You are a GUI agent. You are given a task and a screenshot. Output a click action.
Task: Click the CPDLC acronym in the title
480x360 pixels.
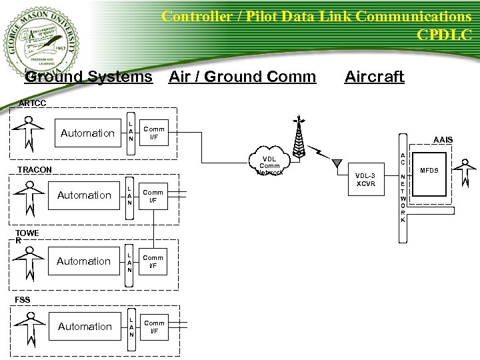[x=444, y=34]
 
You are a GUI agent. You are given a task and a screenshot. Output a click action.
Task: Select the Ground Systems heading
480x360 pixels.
[x=88, y=77]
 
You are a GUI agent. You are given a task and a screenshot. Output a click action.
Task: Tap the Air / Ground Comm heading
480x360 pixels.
[x=243, y=77]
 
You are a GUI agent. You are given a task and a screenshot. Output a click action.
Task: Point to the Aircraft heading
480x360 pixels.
[x=374, y=77]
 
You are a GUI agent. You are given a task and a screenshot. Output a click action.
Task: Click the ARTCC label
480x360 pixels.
[x=33, y=103]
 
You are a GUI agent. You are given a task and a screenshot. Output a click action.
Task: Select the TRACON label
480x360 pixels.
[x=35, y=170]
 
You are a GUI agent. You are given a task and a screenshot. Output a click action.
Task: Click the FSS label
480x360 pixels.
[x=23, y=300]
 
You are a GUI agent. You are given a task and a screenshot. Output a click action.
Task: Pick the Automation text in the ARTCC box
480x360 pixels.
[x=87, y=133]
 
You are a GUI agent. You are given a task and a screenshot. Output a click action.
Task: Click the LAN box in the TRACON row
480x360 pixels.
[x=131, y=195]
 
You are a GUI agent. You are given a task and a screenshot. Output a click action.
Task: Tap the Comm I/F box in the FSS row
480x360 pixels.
[x=154, y=327]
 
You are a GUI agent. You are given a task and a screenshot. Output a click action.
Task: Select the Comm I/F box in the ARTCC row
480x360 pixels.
[x=154, y=133]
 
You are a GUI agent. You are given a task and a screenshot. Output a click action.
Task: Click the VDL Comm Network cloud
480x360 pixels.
[x=269, y=163]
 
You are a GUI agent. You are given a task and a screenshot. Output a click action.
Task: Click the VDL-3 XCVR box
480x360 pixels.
[x=366, y=179]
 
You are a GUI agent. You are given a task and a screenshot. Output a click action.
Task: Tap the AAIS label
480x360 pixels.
[x=443, y=139]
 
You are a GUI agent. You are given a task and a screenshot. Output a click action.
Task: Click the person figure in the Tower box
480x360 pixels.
[x=29, y=261]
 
